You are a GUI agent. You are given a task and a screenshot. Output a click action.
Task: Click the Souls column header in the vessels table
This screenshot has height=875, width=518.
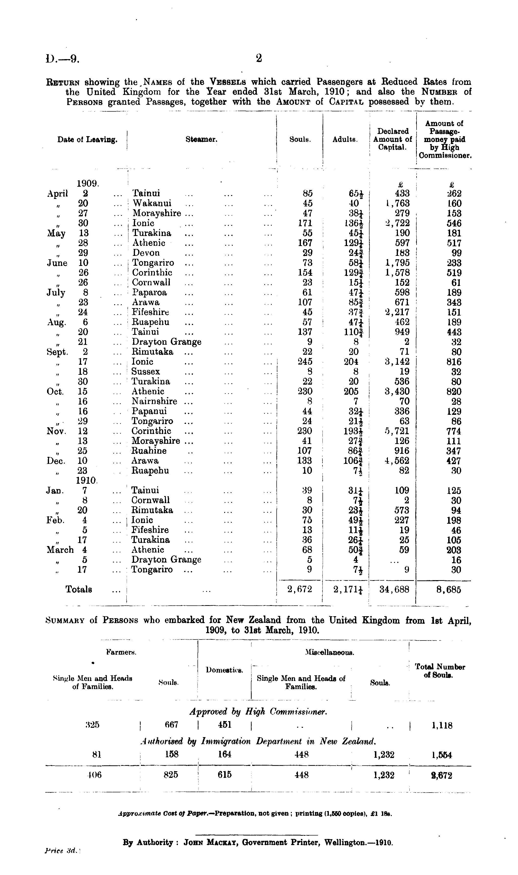pos(300,139)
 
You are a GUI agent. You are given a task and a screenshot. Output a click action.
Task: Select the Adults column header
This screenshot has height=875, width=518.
pos(345,139)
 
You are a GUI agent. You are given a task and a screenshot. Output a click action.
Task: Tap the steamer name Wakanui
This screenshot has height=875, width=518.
pos(152,203)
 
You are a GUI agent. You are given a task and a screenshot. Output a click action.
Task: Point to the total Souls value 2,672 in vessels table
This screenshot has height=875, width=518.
pos(299,589)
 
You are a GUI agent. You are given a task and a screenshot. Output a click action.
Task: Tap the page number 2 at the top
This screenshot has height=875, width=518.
pos(259,58)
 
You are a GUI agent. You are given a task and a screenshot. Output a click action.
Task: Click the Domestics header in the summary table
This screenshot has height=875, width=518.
pos(224,670)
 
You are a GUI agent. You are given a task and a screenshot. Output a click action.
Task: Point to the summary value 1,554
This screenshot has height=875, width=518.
pos(442,755)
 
